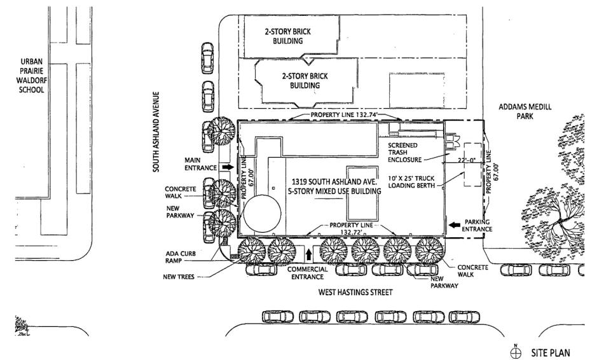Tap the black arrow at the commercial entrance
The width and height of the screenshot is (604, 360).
pyautogui.click(x=309, y=254)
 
